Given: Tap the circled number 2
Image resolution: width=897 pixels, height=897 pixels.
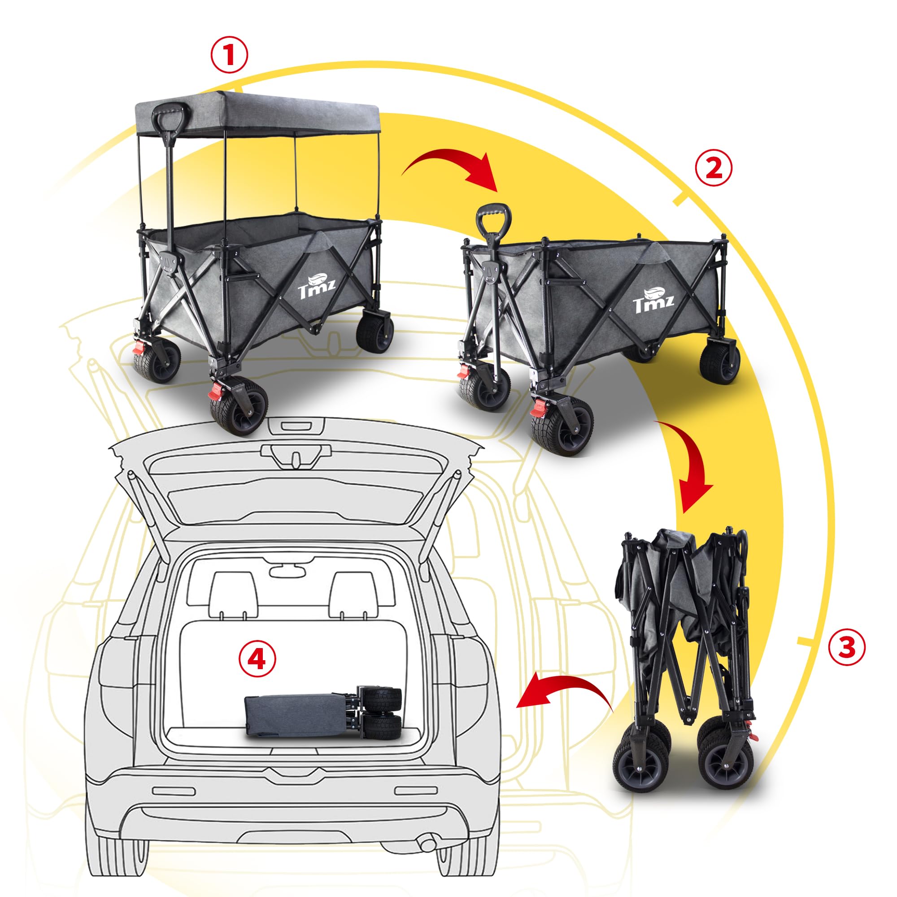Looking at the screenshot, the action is tap(714, 169).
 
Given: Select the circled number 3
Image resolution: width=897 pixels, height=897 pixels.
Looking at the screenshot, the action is tap(847, 647).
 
